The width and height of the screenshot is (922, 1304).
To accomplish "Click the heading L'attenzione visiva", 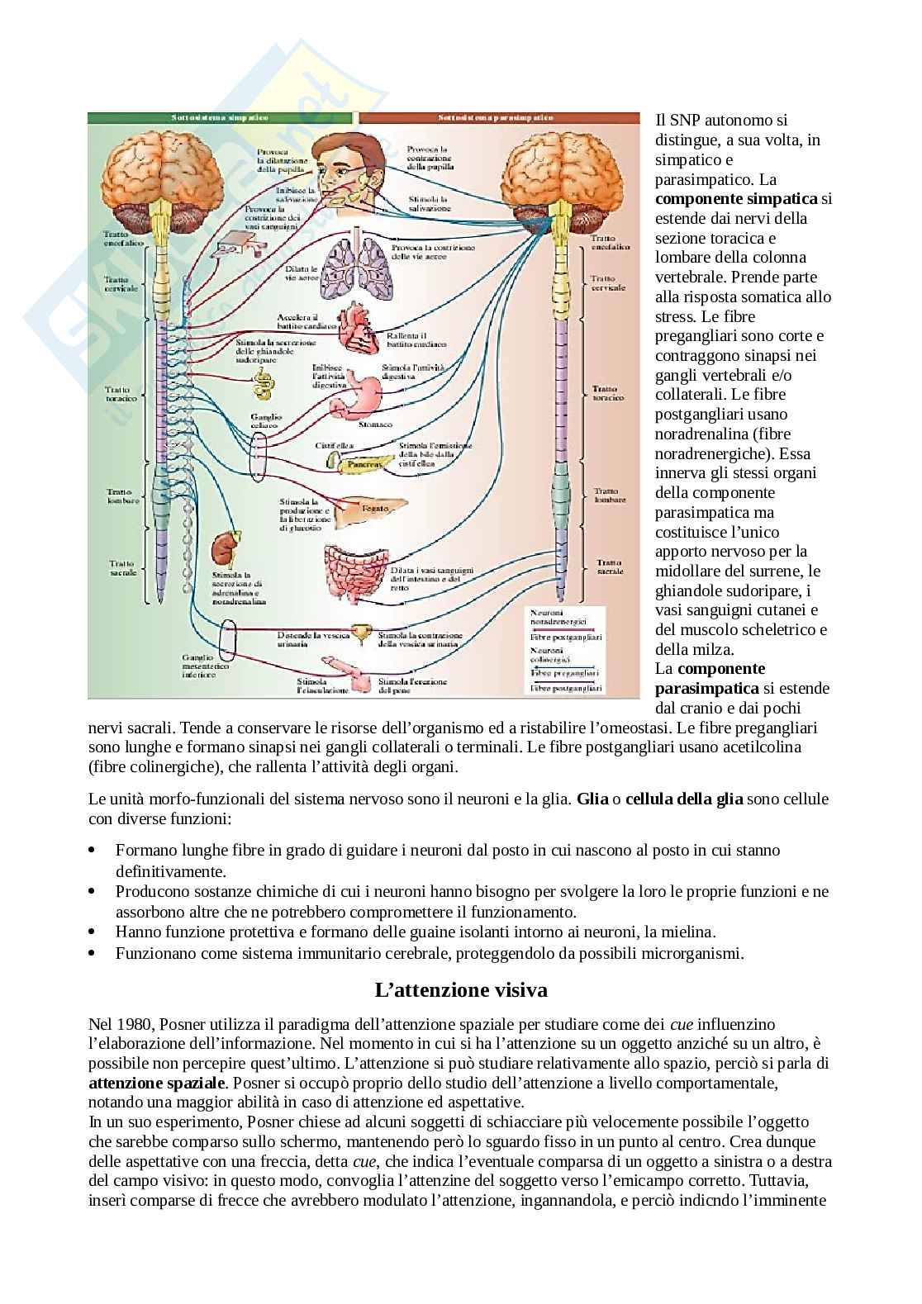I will point(461,989).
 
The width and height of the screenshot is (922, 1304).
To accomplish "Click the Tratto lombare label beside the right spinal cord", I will point(609,495).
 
